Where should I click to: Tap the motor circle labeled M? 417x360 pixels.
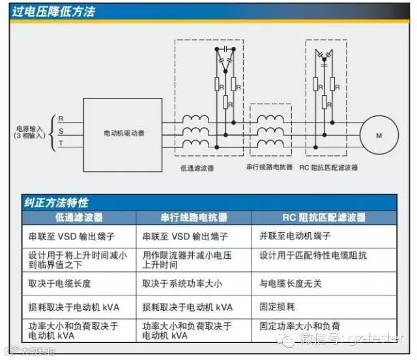378,134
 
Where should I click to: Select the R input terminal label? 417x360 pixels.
61,119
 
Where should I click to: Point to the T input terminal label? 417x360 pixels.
61,143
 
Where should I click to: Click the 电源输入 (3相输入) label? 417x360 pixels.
29,132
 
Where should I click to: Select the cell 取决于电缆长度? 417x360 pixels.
59,284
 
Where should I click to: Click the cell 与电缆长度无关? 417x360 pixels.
291,284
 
